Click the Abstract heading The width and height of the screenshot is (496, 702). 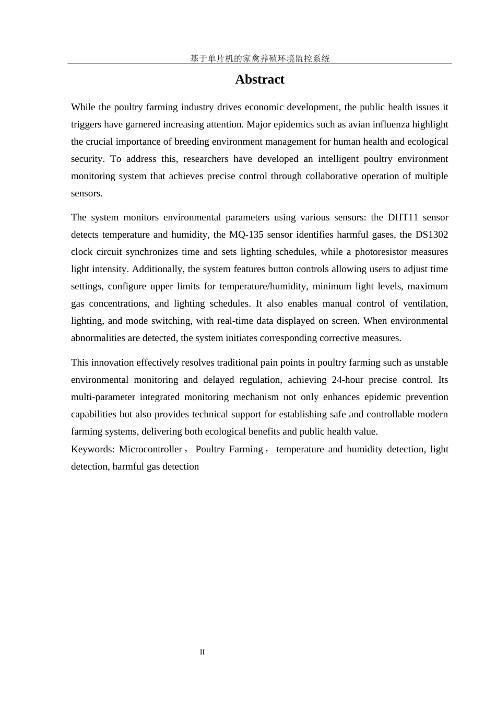[259, 79]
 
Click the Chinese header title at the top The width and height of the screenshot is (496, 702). [259, 58]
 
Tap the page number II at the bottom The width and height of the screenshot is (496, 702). [202, 652]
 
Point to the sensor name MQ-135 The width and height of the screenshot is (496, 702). [246, 235]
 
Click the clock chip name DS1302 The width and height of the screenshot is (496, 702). [432, 235]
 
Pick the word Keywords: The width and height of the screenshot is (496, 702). [92, 449]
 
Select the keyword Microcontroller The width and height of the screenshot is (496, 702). [150, 449]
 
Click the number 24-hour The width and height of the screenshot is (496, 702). [348, 380]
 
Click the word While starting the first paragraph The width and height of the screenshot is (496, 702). [84, 107]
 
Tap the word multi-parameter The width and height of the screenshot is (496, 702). [103, 397]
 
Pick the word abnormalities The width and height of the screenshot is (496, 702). [98, 338]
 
